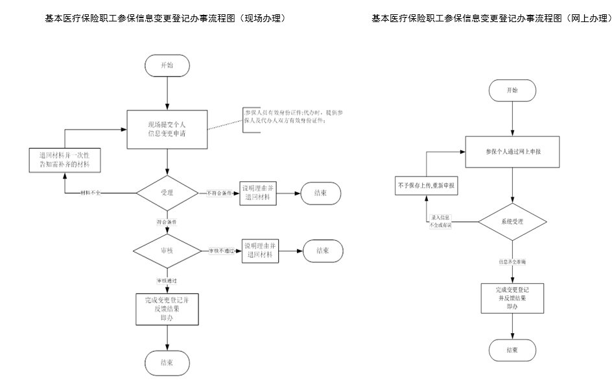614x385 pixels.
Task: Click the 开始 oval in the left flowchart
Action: click(167, 66)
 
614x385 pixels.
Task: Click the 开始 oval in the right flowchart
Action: click(512, 90)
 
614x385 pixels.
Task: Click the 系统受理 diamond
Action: click(512, 221)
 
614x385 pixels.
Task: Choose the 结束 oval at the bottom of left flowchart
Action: click(167, 361)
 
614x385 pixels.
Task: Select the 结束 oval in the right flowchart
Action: click(512, 350)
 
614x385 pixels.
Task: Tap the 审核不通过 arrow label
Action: click(222, 251)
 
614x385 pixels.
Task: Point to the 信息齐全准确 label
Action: click(512, 262)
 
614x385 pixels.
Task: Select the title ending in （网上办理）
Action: click(492, 19)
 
